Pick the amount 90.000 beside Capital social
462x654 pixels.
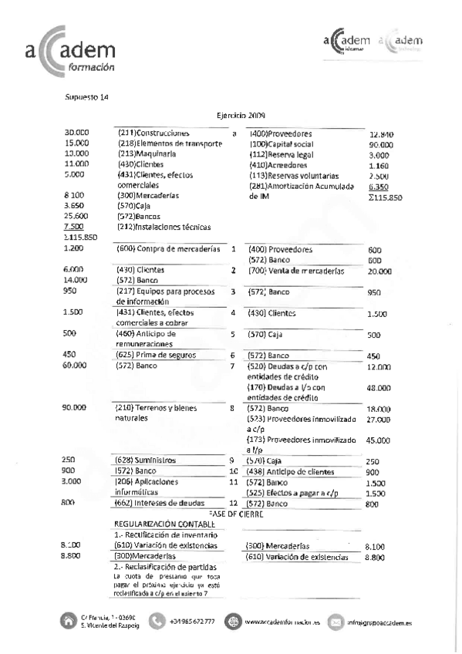[x=381, y=145]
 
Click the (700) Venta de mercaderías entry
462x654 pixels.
[x=296, y=271]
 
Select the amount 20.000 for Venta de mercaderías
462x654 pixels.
[x=379, y=272]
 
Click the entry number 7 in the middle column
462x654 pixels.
[x=232, y=366]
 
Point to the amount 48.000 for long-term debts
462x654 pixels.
[x=379, y=389]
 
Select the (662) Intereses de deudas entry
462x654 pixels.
[x=157, y=503]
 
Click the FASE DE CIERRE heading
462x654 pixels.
[x=236, y=513]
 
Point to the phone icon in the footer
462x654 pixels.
[x=157, y=620]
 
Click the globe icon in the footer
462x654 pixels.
[x=233, y=620]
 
